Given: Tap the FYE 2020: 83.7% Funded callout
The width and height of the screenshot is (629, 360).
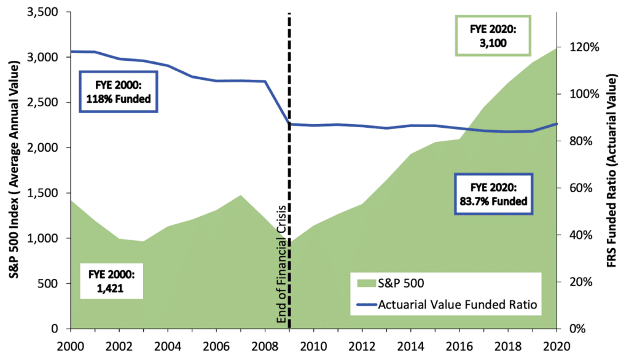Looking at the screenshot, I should click(x=493, y=194).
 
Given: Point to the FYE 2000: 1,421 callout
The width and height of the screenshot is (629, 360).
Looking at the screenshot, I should click(x=112, y=280).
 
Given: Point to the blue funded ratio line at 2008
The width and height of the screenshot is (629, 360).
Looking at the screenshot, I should click(x=265, y=81).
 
